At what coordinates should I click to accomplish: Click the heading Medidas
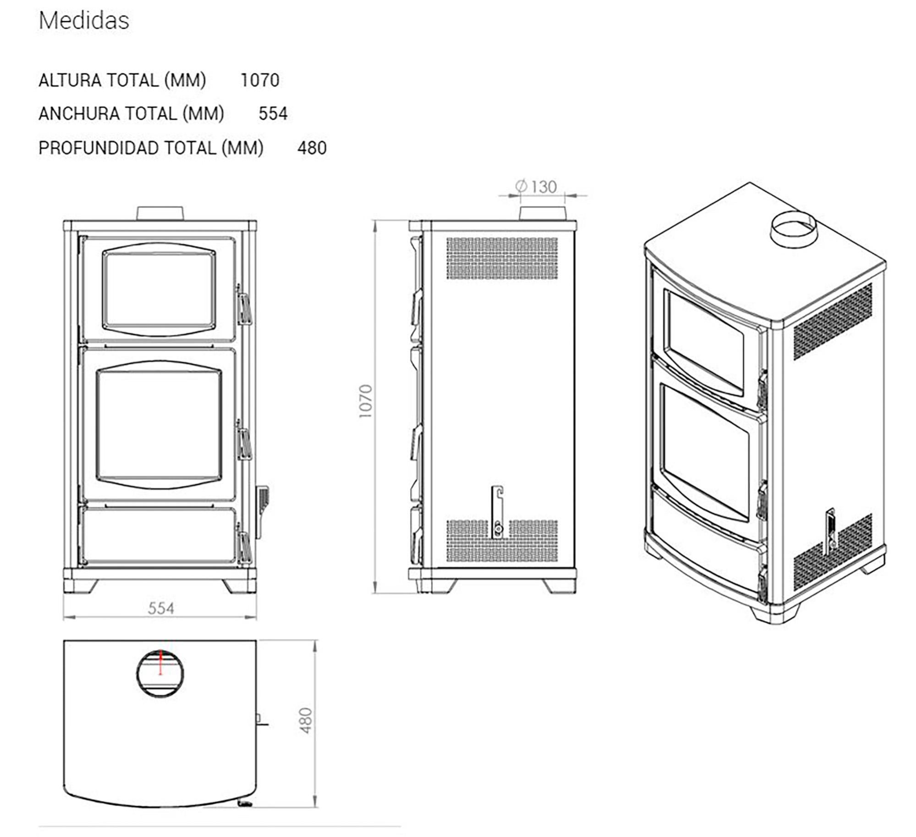point(84,21)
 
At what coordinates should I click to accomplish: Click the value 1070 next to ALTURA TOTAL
point(260,80)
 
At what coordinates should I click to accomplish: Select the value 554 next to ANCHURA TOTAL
point(273,114)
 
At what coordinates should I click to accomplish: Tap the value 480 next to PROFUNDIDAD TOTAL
point(312,148)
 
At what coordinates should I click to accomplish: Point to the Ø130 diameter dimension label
point(536,187)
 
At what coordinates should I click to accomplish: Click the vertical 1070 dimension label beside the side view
point(366,401)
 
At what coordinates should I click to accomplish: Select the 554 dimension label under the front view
point(161,608)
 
